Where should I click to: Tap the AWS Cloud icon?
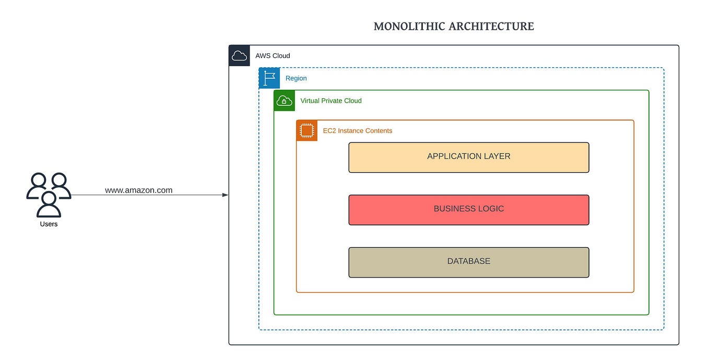tap(239, 56)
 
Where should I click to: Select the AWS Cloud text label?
tap(273, 56)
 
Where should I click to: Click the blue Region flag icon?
tap(269, 78)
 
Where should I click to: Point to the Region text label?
tap(296, 78)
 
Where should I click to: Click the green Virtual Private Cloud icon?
tap(285, 101)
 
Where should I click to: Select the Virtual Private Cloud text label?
tap(331, 101)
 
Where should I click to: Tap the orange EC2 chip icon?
tap(307, 130)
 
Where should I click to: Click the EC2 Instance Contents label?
tap(358, 130)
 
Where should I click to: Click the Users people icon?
tap(49, 195)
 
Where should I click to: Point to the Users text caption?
tap(49, 224)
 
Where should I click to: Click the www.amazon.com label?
tap(139, 190)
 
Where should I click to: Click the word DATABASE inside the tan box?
tap(469, 261)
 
